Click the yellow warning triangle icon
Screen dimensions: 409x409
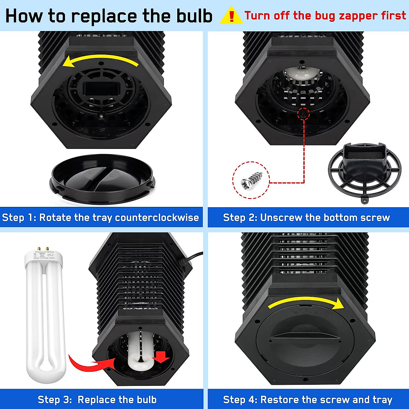pyautogui.click(x=231, y=16)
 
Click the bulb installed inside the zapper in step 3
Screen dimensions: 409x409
pyautogui.click(x=140, y=351)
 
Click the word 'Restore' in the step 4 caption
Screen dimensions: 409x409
pyautogui.click(x=279, y=399)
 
